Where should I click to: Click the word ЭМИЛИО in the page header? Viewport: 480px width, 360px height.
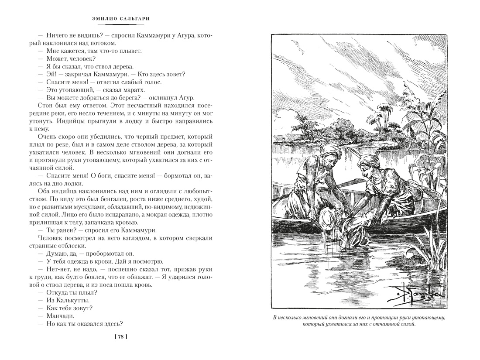pyautogui.click(x=108, y=19)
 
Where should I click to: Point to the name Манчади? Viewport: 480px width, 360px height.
pyautogui.click(x=59, y=316)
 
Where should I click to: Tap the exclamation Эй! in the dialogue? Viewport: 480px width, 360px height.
pyautogui.click(x=51, y=74)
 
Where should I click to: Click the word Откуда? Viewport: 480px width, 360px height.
pyautogui.click(x=56, y=293)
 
